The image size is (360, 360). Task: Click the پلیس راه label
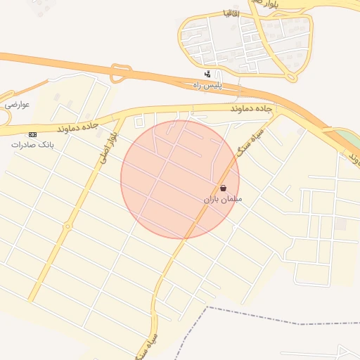[x=207, y=84]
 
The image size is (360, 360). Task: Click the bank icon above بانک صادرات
[x=32, y=134]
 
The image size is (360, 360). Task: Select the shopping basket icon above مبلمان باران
[x=223, y=188]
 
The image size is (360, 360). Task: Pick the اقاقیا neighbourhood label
[x=231, y=13]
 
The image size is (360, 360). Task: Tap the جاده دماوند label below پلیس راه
[x=251, y=110]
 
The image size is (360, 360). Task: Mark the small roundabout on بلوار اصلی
[x=67, y=226]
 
